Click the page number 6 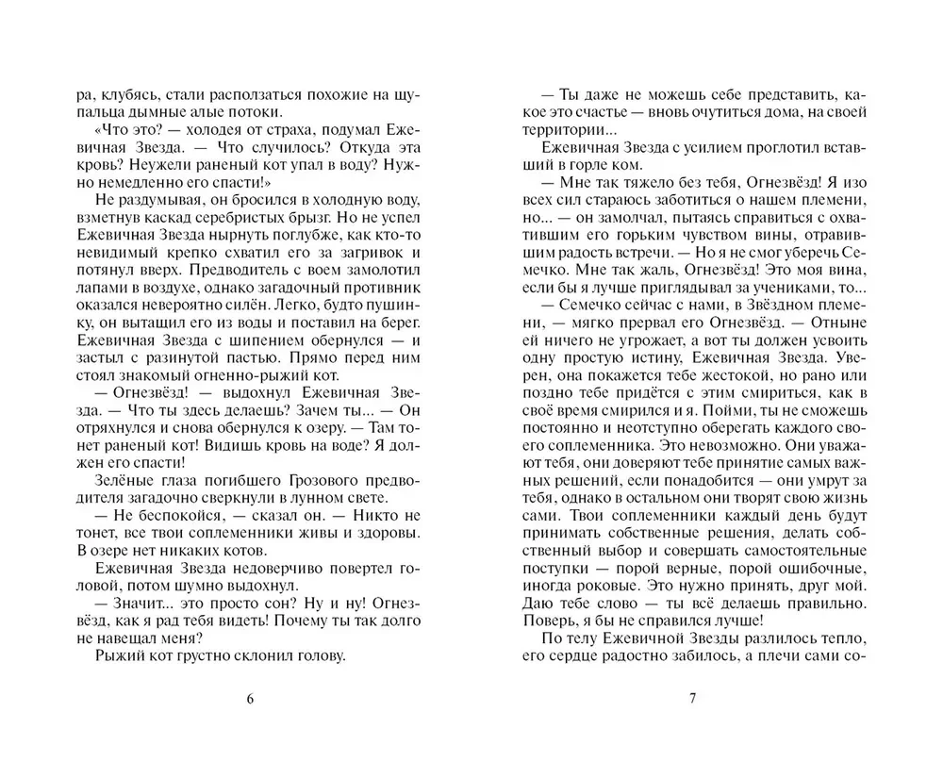pyautogui.click(x=249, y=699)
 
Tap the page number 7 pyautogui.click(x=692, y=699)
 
